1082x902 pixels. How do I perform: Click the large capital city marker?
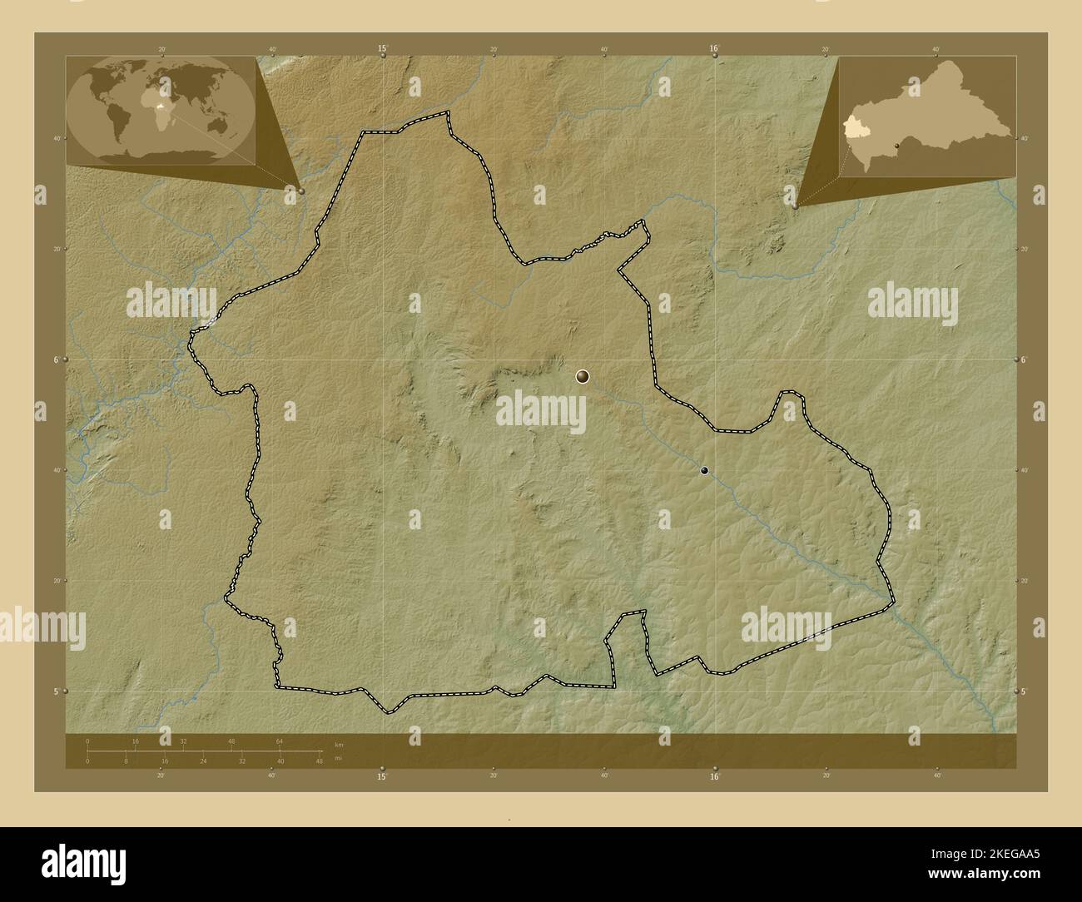[x=582, y=378]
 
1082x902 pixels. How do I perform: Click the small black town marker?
[x=705, y=471]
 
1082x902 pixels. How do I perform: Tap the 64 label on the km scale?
[x=280, y=741]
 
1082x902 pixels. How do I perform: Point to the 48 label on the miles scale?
[x=319, y=761]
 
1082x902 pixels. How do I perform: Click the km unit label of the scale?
[x=338, y=744]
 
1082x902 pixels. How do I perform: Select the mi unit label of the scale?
[x=338, y=758]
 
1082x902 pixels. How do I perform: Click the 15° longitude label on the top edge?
[x=382, y=49]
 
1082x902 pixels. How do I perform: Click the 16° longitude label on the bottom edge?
[x=713, y=777]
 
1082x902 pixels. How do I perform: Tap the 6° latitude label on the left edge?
[x=56, y=359]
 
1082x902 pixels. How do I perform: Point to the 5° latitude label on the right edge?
[x=1025, y=691]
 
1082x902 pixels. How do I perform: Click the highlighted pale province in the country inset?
[x=853, y=127]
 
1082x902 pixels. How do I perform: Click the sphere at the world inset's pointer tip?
[x=300, y=191]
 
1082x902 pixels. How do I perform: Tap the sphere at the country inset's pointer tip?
[x=796, y=205]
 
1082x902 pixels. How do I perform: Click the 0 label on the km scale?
[x=87, y=741]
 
